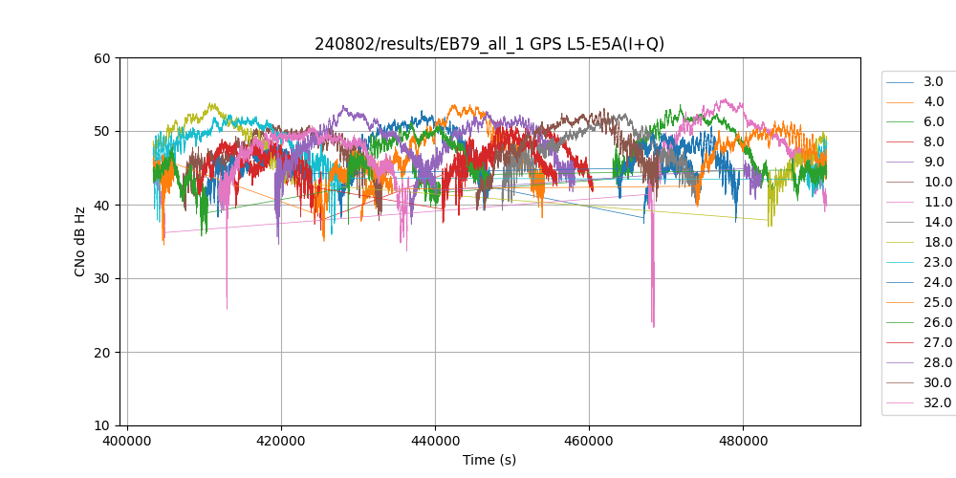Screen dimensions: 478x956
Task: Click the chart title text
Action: click(x=489, y=44)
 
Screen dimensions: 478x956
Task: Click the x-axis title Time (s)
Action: click(x=489, y=460)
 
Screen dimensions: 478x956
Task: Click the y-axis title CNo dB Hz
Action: click(x=80, y=242)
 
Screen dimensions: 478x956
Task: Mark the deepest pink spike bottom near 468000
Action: click(x=654, y=326)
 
